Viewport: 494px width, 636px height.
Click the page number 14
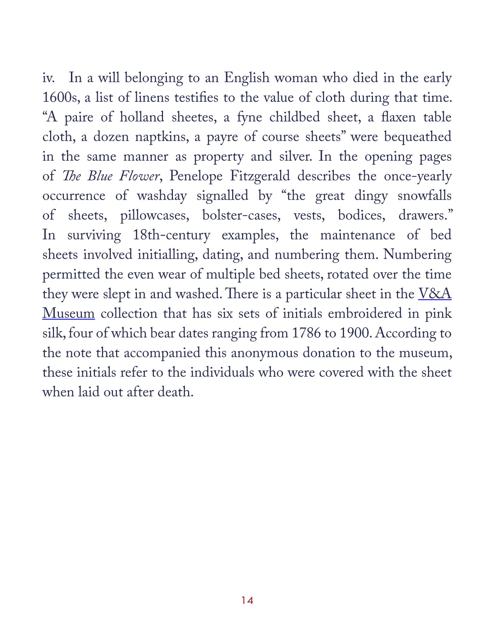pos(247,600)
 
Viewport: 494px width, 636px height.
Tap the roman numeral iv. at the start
pos(48,78)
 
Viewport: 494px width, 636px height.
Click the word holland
pos(142,117)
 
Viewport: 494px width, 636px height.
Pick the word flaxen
pos(398,117)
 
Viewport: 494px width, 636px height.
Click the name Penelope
pos(196,176)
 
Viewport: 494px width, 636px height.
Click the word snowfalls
pos(424,196)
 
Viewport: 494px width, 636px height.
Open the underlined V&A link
pos(435,294)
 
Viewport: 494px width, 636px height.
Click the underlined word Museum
pos(68,314)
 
